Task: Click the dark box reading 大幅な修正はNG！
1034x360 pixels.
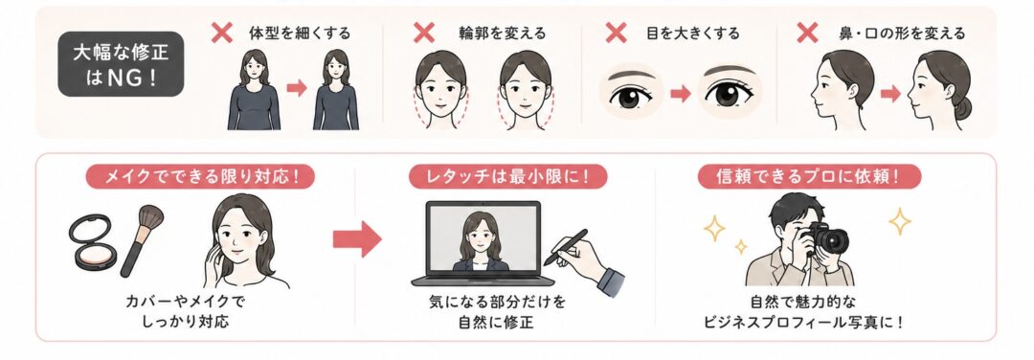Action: (121, 64)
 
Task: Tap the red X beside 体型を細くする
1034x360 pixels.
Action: (221, 33)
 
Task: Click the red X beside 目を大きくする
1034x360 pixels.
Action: (616, 33)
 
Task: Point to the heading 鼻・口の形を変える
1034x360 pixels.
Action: (902, 33)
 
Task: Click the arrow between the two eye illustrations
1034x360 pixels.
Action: (680, 94)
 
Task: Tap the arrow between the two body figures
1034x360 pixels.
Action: (298, 88)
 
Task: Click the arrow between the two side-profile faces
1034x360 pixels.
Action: (890, 94)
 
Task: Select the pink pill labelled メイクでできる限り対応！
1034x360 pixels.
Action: (200, 177)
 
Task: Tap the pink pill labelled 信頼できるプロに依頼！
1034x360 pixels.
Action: (809, 177)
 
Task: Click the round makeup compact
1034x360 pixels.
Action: (93, 241)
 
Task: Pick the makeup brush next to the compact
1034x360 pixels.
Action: (141, 240)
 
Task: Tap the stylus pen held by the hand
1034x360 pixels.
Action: (565, 247)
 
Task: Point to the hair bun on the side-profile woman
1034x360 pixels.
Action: (962, 108)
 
